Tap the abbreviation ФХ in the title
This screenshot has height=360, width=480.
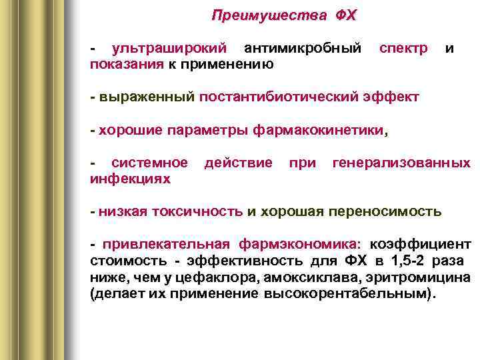(x=342, y=15)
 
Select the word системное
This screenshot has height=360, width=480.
(x=149, y=163)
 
